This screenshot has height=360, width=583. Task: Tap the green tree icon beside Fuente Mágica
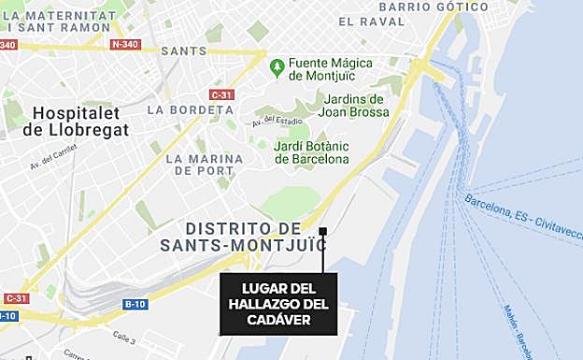click(277, 67)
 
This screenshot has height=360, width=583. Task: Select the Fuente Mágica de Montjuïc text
click(330, 69)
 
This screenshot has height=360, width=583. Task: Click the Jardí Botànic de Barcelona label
click(312, 152)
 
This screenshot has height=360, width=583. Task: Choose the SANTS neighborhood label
click(184, 50)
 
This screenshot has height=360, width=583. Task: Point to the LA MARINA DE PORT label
click(205, 166)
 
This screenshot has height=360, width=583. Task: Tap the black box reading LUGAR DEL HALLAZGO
click(279, 304)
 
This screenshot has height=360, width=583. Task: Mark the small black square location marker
click(322, 231)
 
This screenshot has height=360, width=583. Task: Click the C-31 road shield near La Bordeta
click(221, 94)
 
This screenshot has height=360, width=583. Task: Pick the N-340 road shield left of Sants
click(124, 44)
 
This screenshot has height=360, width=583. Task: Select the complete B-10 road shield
click(135, 304)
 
